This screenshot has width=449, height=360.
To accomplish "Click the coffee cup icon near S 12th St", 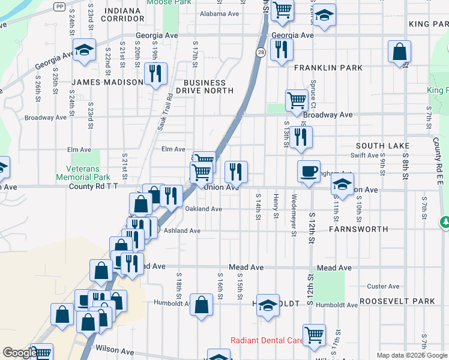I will pyautogui.click(x=309, y=172).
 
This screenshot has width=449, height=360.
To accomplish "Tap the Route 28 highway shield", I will pyautogui.click(x=261, y=53).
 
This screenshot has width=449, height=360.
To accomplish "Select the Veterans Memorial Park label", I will pyautogui.click(x=83, y=173).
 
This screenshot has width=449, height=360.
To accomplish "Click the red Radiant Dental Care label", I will pyautogui.click(x=267, y=340).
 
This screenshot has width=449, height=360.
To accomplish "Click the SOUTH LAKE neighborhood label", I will pyautogui.click(x=382, y=146).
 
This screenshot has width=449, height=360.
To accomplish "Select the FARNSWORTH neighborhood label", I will pyautogui.click(x=358, y=229).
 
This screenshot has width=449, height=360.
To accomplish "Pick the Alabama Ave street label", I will pyautogui.click(x=219, y=14).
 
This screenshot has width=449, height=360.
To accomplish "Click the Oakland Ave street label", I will pyautogui.click(x=203, y=209).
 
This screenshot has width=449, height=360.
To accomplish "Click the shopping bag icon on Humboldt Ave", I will pyautogui.click(x=201, y=304).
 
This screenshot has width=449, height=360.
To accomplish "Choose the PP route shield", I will pyautogui.click(x=59, y=6).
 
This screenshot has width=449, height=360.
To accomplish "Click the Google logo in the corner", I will pyautogui.click(x=19, y=353).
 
